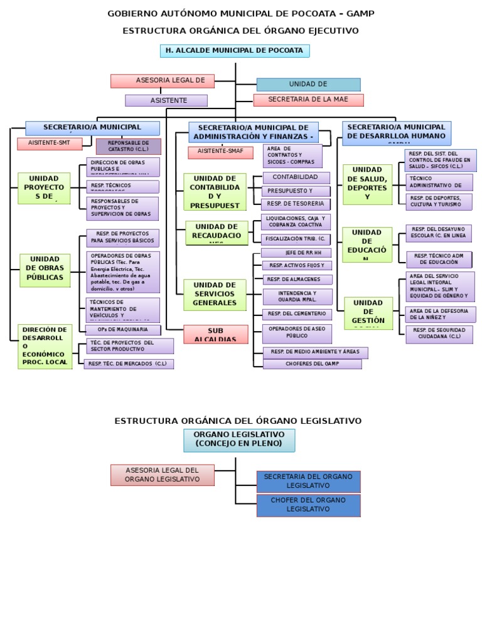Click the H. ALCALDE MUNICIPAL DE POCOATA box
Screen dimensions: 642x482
coord(235,51)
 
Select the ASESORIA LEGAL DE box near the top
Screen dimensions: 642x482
coord(162,81)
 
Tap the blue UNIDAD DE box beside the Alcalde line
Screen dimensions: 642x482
coord(308,85)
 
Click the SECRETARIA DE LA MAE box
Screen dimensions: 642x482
coord(308,100)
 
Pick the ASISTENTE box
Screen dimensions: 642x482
coord(166,100)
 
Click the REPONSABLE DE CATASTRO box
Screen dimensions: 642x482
coord(128,147)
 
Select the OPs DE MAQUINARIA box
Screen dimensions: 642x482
coord(122,330)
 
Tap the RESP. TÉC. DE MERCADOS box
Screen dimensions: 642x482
coord(129,364)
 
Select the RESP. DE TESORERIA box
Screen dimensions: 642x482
coord(296,204)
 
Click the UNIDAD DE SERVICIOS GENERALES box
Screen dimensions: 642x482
coord(215,294)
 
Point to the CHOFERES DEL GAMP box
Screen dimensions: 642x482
coord(312,364)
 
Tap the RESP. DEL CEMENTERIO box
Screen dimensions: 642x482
coord(297,313)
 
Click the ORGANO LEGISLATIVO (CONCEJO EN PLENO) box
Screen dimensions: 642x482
coord(238,439)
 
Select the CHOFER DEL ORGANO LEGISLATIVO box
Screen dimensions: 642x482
coord(308,505)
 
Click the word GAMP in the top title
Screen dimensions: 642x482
coord(361,13)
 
